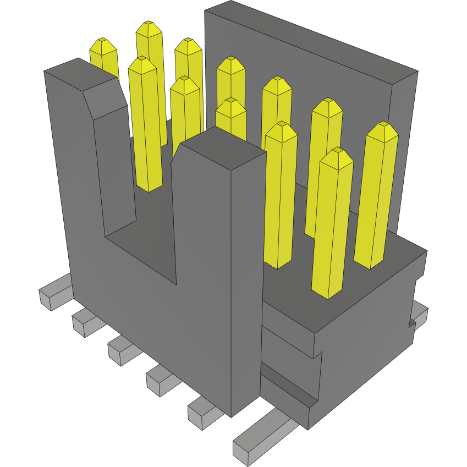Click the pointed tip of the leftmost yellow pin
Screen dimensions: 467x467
pyautogui.click(x=102, y=43)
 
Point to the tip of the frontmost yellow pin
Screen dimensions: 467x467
pyautogui.click(x=336, y=153)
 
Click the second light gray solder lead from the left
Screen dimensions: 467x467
pyautogui.click(x=85, y=322)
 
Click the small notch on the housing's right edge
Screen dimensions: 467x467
pyautogui.click(x=411, y=323)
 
